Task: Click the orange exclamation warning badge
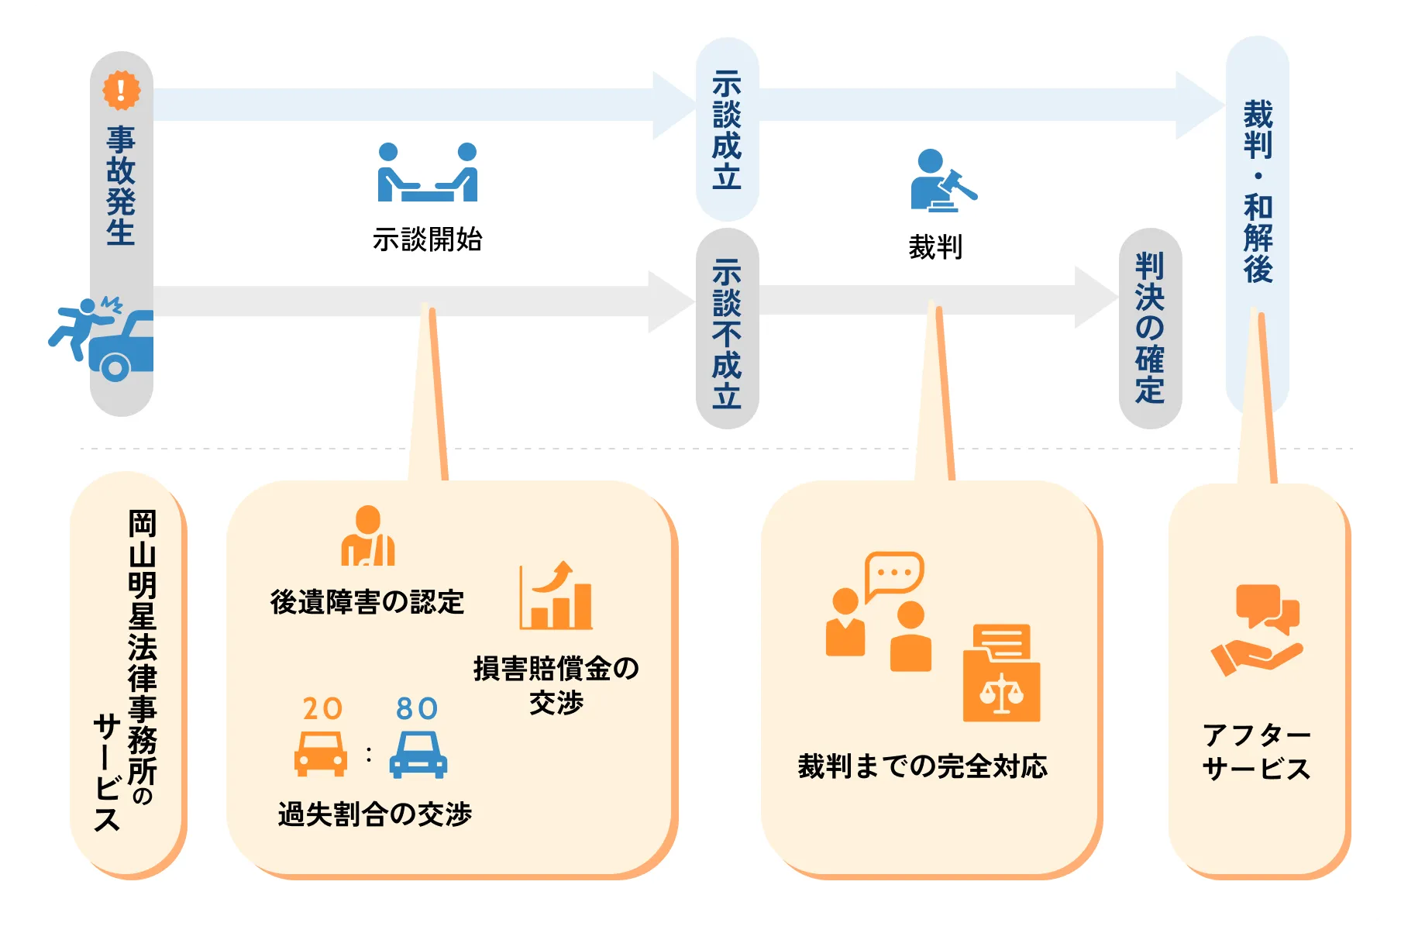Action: pos(122,90)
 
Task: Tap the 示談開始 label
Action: pos(427,239)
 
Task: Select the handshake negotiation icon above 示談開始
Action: pos(427,173)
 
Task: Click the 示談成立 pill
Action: pos(727,129)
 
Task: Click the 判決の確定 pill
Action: pos(1150,328)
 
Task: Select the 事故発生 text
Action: pos(121,186)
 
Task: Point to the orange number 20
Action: pos(322,708)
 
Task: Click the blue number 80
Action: pos(417,708)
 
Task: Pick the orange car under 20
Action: pos(321,754)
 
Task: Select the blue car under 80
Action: pos(418,755)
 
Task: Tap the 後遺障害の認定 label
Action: pos(367,602)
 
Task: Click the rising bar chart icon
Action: pos(556,596)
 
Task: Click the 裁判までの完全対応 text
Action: pos(922,766)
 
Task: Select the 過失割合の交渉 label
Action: pos(375,814)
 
